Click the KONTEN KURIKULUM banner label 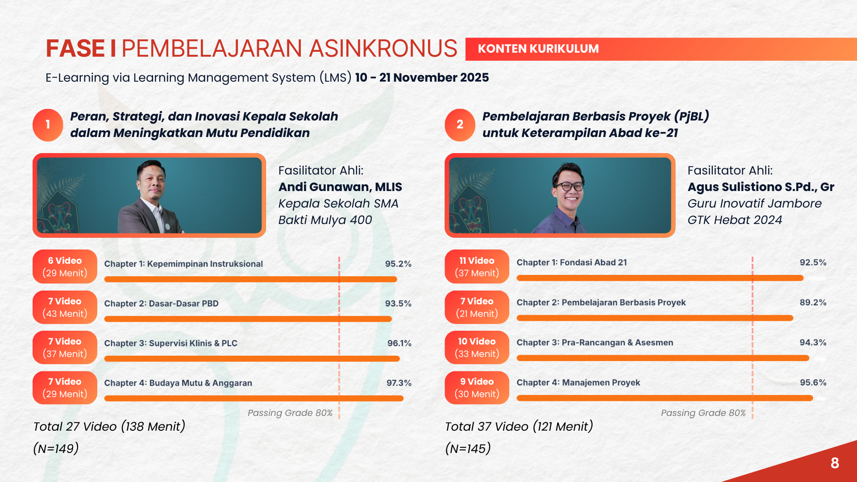tap(538, 49)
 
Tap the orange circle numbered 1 tap(48, 125)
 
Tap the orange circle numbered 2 tap(460, 125)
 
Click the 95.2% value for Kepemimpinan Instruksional tap(398, 264)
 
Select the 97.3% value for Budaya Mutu tap(399, 383)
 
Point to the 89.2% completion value tap(813, 303)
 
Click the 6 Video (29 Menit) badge tap(65, 266)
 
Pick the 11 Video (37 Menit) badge tap(477, 266)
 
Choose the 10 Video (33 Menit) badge tap(477, 347)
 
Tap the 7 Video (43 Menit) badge tap(65, 307)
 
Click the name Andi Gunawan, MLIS tap(340, 187)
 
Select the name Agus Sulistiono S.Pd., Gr tap(761, 187)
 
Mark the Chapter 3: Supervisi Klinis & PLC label tap(171, 343)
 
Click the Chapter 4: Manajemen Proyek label tap(578, 382)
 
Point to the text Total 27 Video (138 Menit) tap(109, 427)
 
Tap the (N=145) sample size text tap(468, 449)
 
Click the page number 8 tap(835, 463)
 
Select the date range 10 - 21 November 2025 tap(422, 78)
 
